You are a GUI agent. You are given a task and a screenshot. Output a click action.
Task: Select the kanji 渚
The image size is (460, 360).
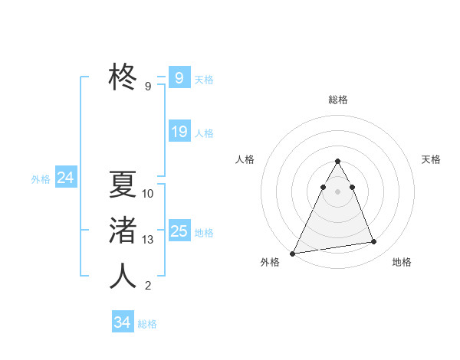(x=123, y=230)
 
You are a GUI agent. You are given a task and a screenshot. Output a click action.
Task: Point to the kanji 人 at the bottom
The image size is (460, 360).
(x=123, y=276)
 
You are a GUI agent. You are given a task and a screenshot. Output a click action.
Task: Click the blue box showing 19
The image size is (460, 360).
(x=179, y=132)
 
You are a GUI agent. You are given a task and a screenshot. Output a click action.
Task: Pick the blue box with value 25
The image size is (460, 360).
(x=179, y=231)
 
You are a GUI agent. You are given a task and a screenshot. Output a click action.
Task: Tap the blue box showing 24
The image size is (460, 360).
(x=66, y=178)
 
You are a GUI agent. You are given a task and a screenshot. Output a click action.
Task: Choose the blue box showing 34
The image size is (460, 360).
(x=122, y=322)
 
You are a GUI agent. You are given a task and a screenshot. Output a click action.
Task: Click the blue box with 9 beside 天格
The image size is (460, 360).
(x=179, y=78)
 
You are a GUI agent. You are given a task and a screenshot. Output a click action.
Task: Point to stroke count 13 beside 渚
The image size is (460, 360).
(x=148, y=240)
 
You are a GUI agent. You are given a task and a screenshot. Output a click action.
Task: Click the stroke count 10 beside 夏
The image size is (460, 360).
(x=148, y=194)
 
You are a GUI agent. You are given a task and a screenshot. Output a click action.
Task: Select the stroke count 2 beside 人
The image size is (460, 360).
(x=148, y=286)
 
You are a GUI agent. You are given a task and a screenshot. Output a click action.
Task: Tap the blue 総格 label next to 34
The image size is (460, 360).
(x=147, y=324)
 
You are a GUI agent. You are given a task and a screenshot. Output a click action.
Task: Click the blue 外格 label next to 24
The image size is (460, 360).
(x=41, y=179)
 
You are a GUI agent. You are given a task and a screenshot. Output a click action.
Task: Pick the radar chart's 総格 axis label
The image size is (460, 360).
(x=338, y=100)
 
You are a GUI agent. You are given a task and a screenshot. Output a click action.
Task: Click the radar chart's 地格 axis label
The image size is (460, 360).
(x=402, y=262)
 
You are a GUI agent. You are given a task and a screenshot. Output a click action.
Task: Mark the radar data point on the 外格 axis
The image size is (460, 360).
(x=293, y=253)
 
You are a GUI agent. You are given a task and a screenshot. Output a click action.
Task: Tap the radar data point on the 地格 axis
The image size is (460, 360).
(x=374, y=242)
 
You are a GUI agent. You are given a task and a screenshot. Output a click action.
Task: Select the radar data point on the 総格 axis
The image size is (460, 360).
(x=337, y=161)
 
